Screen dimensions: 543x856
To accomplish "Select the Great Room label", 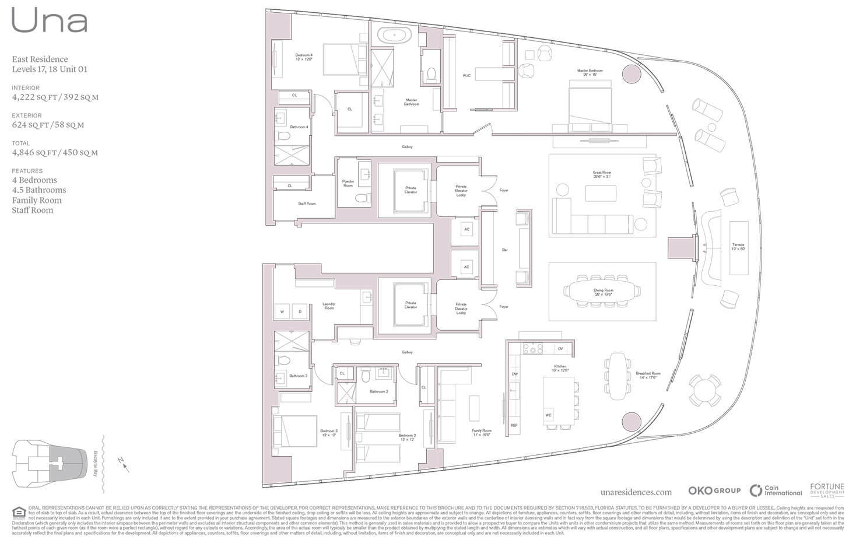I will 602,174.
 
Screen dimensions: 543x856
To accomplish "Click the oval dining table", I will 602,290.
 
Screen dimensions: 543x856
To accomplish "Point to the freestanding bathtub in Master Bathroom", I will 394,35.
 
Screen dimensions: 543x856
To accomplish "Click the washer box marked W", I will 282,311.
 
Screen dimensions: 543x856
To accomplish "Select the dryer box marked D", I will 300,311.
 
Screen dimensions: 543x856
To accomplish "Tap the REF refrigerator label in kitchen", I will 514,426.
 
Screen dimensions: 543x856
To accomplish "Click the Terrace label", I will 738,247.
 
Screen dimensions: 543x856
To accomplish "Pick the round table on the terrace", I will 705,390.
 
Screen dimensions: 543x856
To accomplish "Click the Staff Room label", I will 307,204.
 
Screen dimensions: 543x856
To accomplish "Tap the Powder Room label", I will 348,183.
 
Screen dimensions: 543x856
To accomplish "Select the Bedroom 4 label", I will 304,57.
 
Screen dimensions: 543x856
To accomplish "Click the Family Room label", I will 482,433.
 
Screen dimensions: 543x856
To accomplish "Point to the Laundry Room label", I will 329,306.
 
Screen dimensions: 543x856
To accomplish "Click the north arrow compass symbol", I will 123,464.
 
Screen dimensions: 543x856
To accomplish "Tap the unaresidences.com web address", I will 636,492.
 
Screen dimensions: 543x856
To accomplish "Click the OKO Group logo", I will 714,491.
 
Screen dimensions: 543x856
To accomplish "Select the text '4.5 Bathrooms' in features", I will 39,190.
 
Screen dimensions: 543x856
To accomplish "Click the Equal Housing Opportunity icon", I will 19,513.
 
